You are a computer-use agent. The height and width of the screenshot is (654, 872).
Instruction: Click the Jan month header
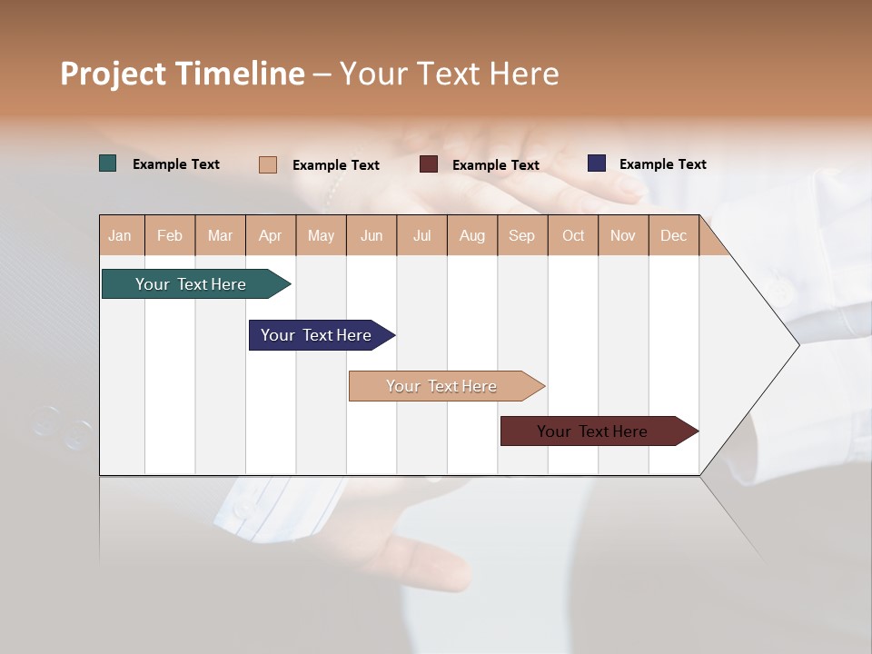120,235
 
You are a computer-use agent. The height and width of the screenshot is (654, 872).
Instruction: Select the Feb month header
170,235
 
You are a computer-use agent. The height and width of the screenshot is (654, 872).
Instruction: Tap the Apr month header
270,235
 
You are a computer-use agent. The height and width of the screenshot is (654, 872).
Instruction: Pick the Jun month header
372,235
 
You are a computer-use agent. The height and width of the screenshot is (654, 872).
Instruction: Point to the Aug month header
471,235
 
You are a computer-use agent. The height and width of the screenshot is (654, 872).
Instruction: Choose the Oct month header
573,235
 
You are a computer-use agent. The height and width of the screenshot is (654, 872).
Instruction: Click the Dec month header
673,235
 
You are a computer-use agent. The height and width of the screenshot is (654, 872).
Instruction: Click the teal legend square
108,163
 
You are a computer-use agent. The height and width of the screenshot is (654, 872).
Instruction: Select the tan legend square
268,164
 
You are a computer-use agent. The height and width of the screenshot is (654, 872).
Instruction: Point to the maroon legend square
429,164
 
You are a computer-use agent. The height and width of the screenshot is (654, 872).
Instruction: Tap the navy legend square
597,163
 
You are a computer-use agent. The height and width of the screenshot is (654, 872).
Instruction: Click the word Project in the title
113,74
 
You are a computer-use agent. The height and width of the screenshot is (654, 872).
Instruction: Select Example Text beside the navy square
662,164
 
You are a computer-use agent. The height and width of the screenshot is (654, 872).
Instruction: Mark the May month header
321,235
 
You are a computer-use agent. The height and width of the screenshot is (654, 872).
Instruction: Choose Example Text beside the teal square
176,164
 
